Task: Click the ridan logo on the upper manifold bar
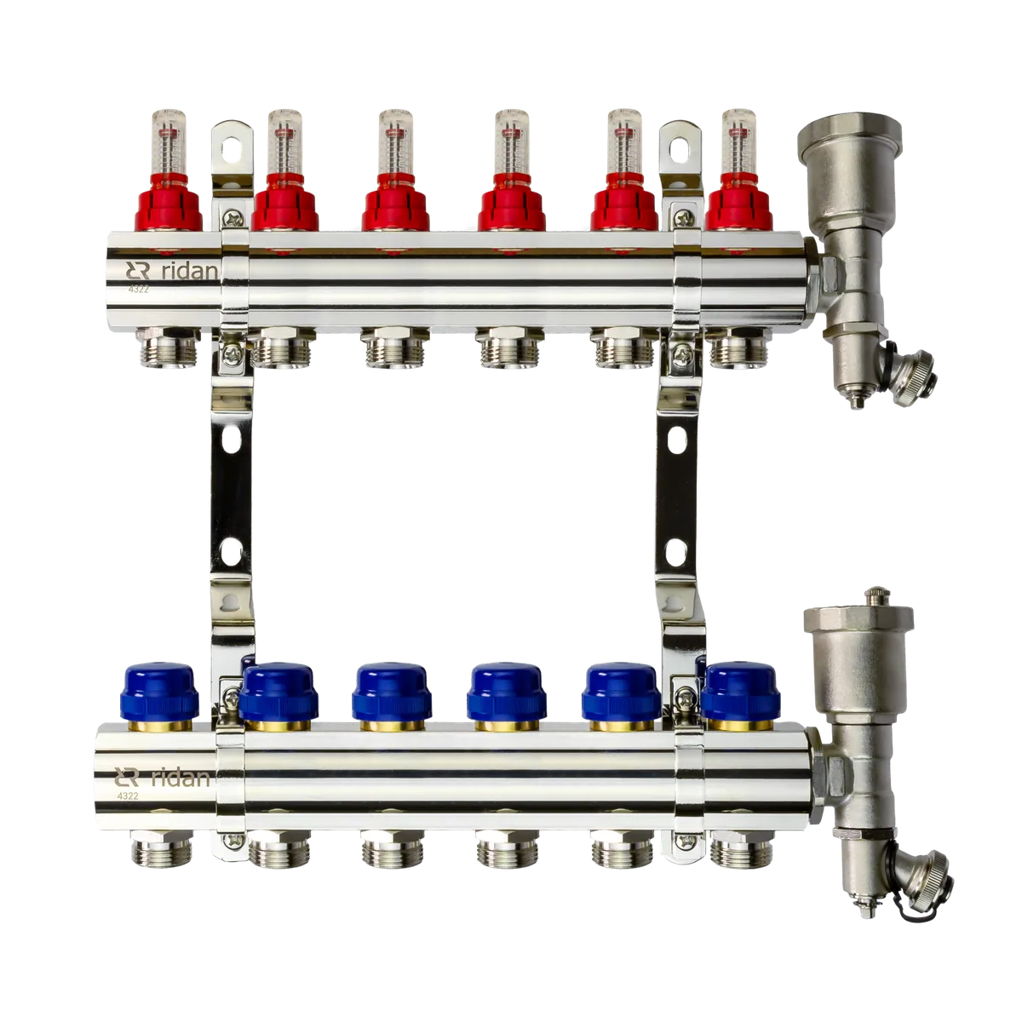(171, 271)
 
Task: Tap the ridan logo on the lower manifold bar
(162, 778)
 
